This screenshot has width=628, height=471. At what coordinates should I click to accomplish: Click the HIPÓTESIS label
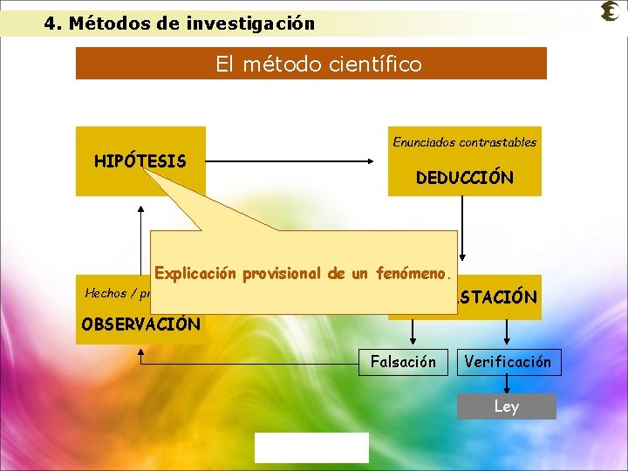click(x=140, y=161)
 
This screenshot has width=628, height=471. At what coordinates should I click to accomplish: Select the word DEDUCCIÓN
click(x=464, y=178)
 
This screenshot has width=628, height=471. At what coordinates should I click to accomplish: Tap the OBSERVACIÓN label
click(x=140, y=324)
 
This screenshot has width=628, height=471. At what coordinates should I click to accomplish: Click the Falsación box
click(x=403, y=362)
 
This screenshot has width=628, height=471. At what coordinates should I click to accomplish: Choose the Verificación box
click(x=509, y=362)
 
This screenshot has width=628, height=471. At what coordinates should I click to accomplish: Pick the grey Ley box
click(x=506, y=406)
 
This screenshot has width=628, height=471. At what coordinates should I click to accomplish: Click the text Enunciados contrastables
click(x=464, y=141)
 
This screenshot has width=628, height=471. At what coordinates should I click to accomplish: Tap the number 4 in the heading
click(x=50, y=24)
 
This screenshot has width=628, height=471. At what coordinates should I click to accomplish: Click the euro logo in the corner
click(x=610, y=11)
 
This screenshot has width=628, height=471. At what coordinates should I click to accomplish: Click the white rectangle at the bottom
click(x=311, y=447)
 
